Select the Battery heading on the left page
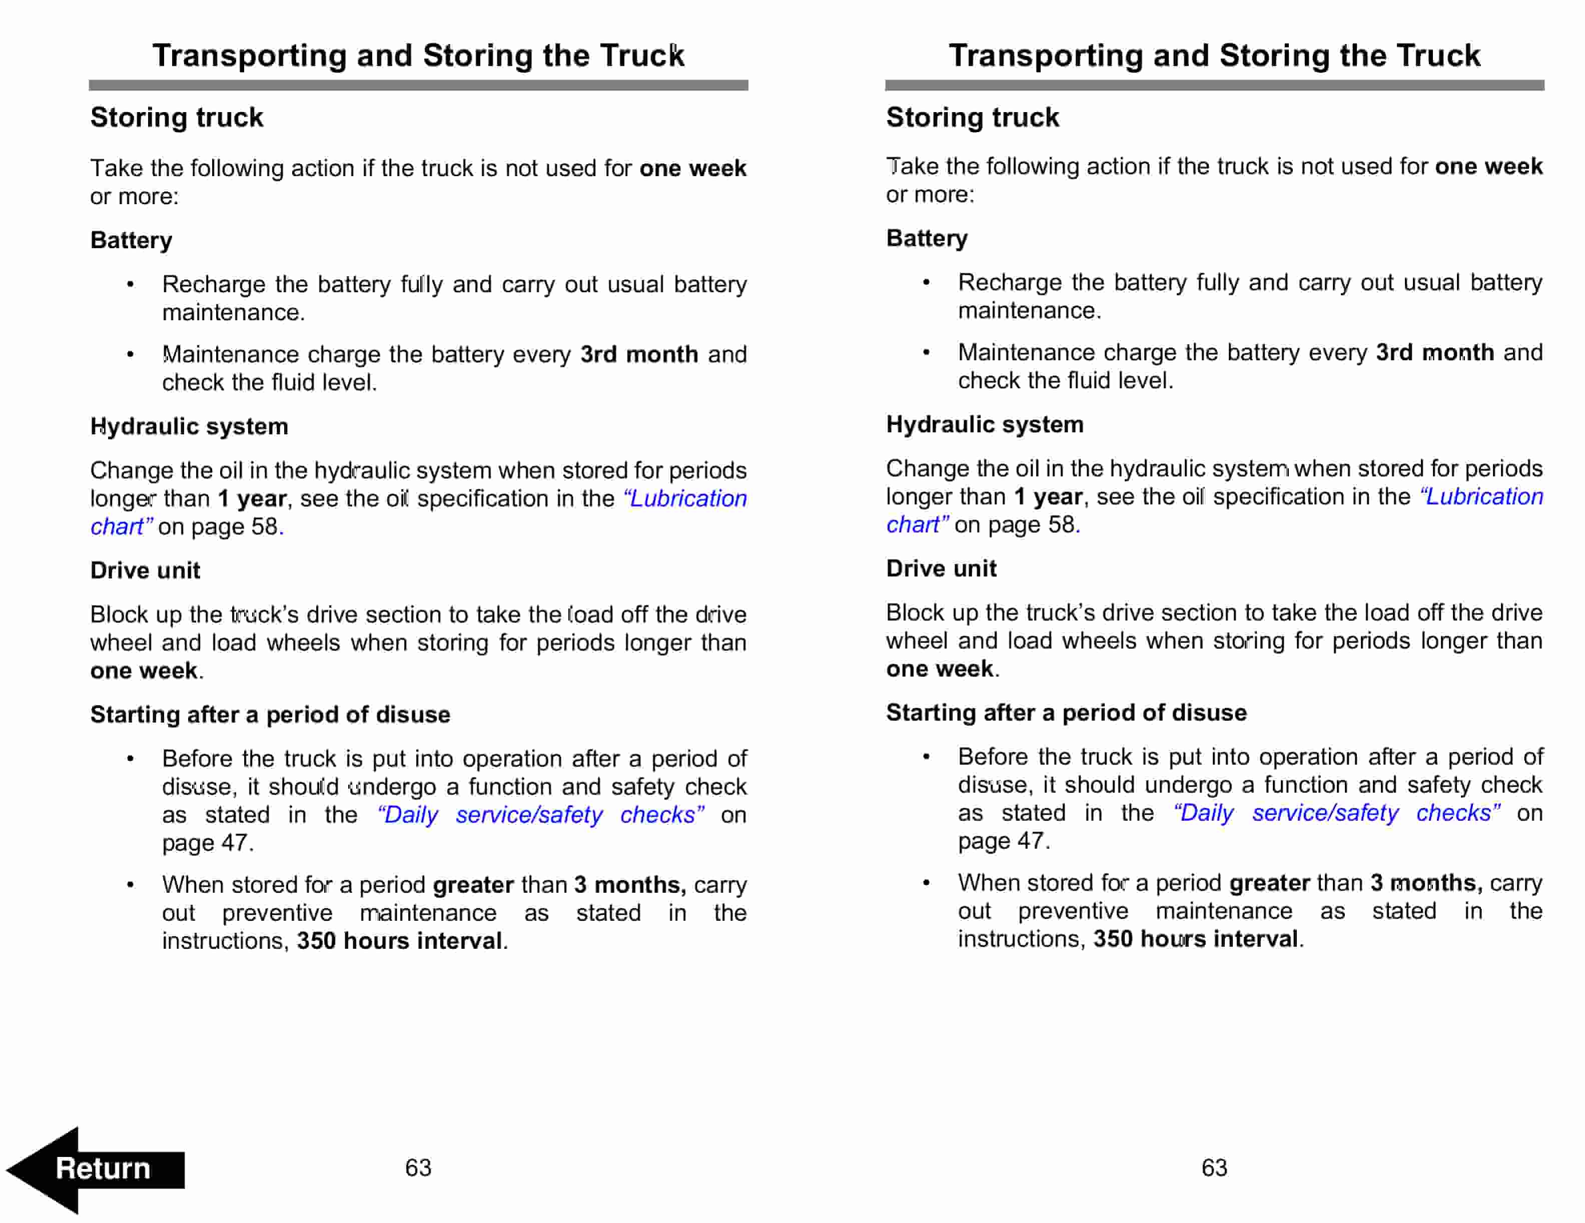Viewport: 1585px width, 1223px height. [132, 240]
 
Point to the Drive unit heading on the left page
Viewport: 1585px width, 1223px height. [145, 570]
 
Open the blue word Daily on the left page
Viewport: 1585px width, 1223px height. [410, 815]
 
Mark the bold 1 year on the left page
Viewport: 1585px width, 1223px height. [253, 498]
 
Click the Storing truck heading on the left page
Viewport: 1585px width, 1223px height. [176, 118]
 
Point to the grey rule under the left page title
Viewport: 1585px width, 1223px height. [418, 86]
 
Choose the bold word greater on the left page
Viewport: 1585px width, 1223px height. [473, 885]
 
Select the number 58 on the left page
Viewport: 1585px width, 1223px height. [264, 527]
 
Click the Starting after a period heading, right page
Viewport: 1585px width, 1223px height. [1066, 713]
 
